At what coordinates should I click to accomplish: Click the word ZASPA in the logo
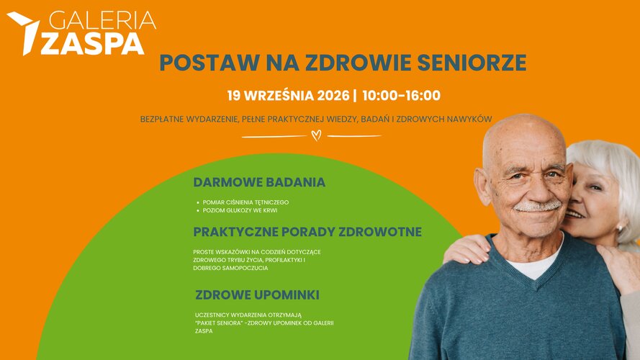tap(92, 44)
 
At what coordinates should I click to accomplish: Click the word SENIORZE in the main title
tap(472, 63)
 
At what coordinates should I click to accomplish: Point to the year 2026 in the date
tap(333, 96)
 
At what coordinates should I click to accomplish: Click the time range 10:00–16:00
tap(401, 96)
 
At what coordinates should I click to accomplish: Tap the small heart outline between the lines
tap(316, 135)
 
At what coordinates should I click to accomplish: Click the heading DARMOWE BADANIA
tap(259, 182)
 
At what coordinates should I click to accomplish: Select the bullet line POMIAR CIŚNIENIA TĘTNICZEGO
tap(245, 202)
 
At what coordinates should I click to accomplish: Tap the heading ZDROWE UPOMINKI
tap(257, 295)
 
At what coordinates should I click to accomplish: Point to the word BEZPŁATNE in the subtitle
tap(162, 120)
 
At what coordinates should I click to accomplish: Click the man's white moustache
tap(538, 205)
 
